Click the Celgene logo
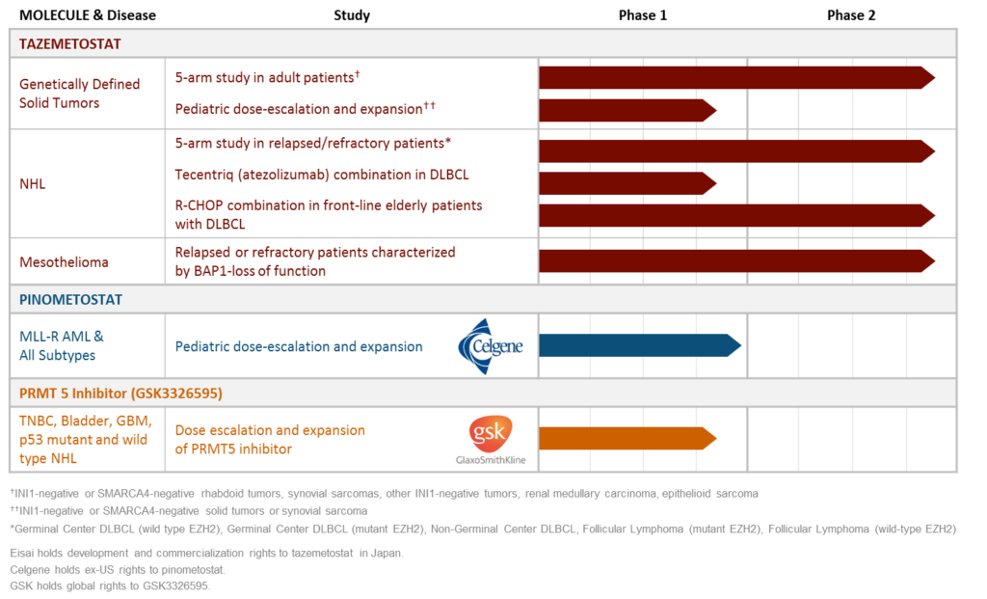[x=491, y=344]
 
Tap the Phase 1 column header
[x=642, y=15]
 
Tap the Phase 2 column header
[x=851, y=15]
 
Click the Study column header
[x=351, y=15]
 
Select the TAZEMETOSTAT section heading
[x=70, y=44]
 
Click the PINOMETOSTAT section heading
[x=71, y=299]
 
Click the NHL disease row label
[x=33, y=182]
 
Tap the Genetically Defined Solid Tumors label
[x=79, y=94]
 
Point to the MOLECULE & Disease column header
[x=88, y=15]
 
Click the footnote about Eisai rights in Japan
[x=206, y=553]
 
